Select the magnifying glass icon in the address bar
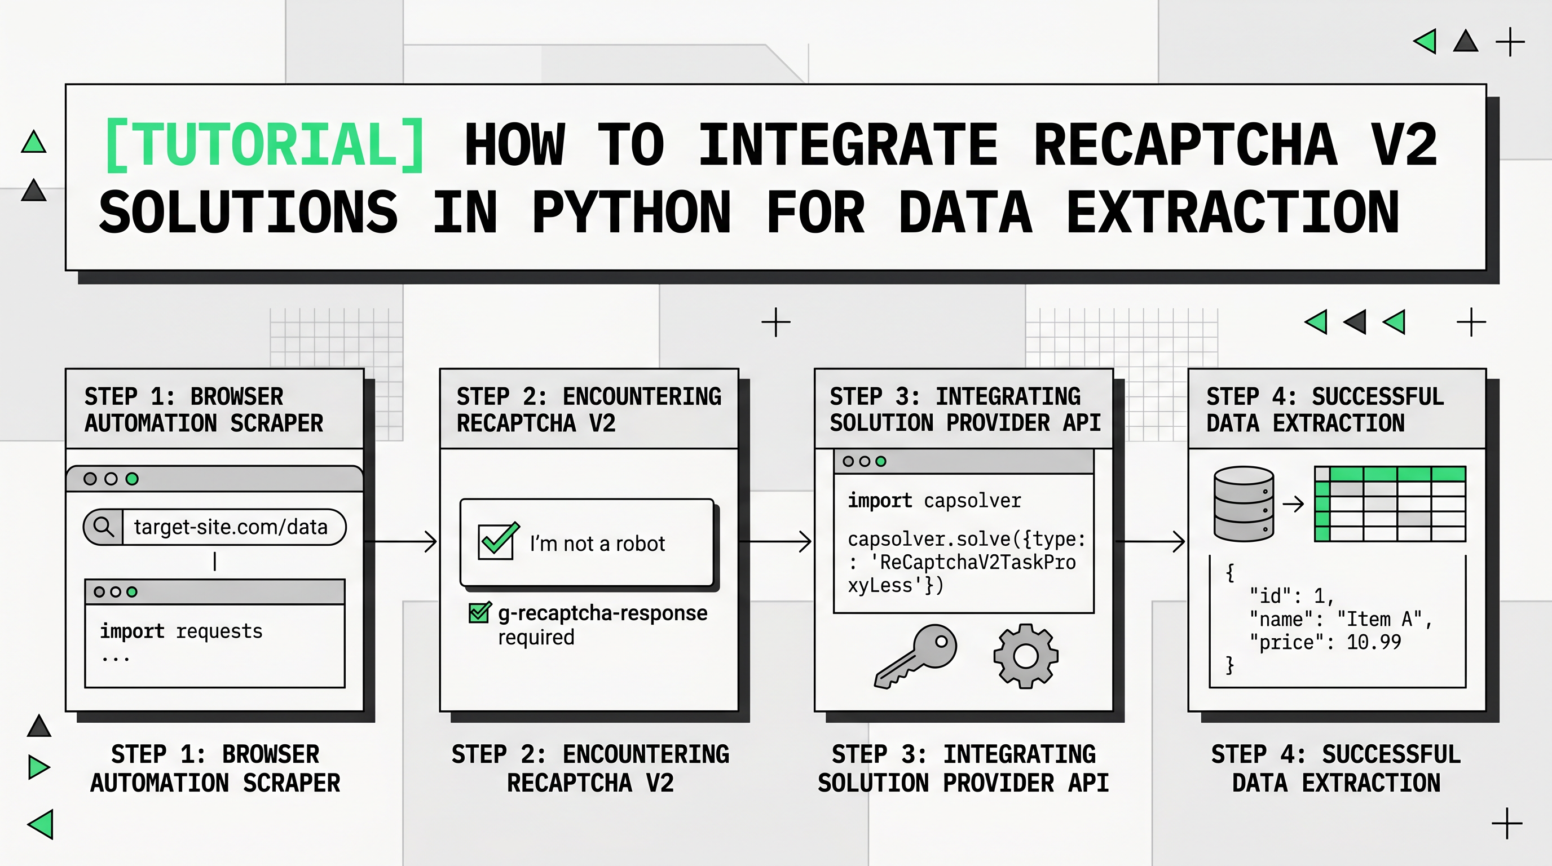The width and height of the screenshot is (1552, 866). [104, 527]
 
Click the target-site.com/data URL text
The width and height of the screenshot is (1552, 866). [231, 527]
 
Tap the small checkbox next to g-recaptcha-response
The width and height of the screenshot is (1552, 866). [479, 613]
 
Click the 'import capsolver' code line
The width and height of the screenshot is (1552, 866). [934, 501]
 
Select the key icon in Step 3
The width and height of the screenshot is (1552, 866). [915, 656]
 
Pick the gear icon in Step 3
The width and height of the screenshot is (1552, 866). [1025, 656]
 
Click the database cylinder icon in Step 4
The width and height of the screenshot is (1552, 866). [1244, 503]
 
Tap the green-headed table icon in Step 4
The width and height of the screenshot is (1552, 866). [1390, 503]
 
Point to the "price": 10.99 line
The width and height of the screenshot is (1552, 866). [1325, 643]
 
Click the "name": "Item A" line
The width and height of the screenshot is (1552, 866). [1340, 619]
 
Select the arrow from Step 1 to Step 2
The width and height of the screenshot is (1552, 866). [402, 541]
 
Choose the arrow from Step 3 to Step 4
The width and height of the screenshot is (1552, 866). [1150, 541]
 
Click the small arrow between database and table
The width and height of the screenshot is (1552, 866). [1293, 503]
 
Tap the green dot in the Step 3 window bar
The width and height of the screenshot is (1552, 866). [881, 461]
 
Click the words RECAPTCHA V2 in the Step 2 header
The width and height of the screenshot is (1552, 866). [536, 423]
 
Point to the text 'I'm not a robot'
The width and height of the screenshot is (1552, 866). [597, 544]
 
